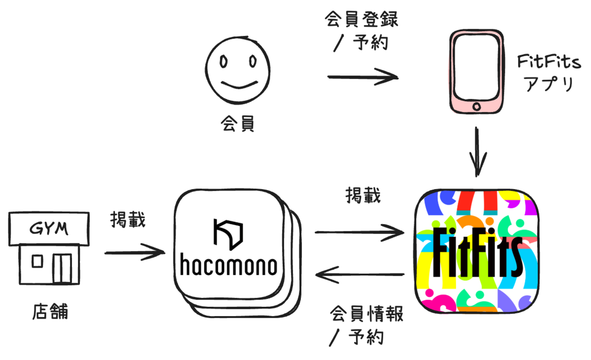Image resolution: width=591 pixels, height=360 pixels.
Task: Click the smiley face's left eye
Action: point(224,62)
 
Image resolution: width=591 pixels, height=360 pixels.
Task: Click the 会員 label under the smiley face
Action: point(237,124)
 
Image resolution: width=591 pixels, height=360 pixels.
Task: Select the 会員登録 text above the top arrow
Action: point(361,19)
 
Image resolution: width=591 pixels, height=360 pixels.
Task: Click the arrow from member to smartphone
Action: point(363,77)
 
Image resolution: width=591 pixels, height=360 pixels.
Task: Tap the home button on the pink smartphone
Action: point(477,106)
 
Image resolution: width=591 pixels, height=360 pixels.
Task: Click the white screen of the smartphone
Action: point(477,68)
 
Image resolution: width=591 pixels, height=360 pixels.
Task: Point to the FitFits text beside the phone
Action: point(549,61)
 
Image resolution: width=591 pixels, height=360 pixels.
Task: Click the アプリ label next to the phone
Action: point(549,84)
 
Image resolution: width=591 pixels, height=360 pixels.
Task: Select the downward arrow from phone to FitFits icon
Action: point(477,152)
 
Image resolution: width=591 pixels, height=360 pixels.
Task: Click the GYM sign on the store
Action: point(49,229)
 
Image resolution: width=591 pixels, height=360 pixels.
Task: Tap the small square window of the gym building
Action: point(37,261)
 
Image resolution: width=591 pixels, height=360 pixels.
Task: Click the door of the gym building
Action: point(62,268)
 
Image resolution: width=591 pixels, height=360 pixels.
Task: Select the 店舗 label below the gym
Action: point(50,311)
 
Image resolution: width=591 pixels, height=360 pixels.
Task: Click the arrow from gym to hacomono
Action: point(135,253)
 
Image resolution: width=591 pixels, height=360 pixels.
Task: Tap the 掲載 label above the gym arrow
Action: point(128,220)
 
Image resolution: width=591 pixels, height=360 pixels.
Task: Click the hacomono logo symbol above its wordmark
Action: point(228,234)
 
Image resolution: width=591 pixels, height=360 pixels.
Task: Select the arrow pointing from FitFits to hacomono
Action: point(360,275)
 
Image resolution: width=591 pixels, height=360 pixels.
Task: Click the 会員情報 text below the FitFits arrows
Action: point(366,314)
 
